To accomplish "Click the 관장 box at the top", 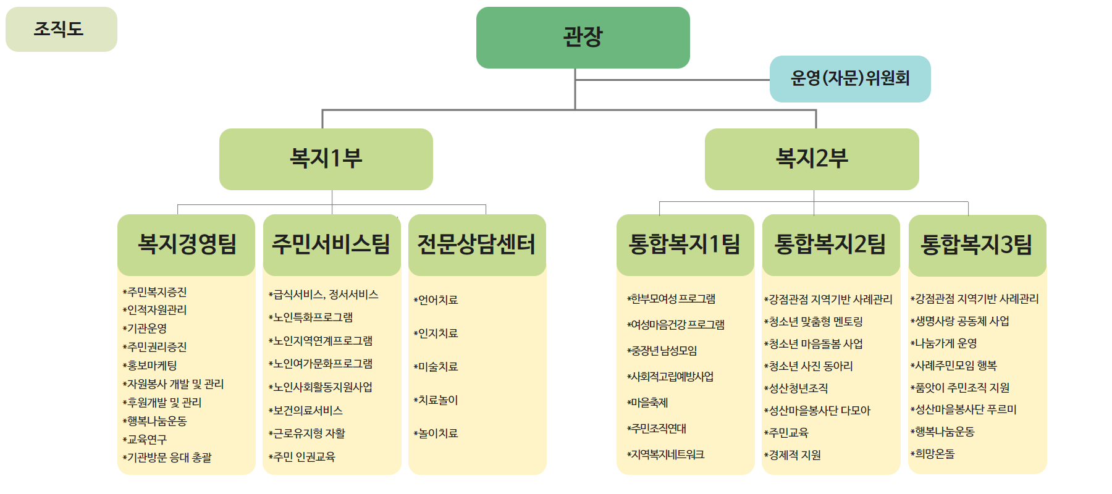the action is (583, 37).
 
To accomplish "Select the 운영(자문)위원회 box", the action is (850, 78).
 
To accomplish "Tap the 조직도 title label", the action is (61, 29).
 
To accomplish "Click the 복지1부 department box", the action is (326, 159).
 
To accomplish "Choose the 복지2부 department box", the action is (812, 159).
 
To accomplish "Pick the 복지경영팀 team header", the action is (187, 245).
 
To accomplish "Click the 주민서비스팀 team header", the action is (332, 245).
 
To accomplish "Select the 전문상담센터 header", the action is (477, 245).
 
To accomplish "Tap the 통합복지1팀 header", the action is (685, 245).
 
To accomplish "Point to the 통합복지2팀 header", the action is (831, 245).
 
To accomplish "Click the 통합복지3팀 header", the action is (977, 245).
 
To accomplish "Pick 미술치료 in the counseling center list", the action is (436, 367).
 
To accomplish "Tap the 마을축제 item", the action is (647, 403).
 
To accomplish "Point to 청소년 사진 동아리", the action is (809, 366).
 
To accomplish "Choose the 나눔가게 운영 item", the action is (944, 343).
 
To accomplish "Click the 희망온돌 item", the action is (933, 454).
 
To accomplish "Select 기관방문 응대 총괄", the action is (167, 458).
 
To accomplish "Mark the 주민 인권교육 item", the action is (302, 457).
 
